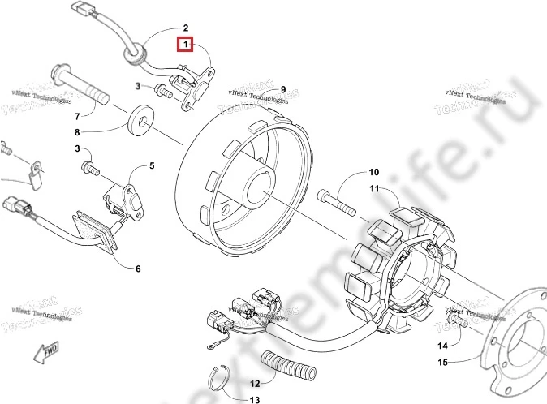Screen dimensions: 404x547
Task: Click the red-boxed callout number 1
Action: (x=185, y=43)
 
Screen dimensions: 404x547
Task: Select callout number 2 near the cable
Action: (x=185, y=28)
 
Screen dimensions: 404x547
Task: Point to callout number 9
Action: (x=283, y=89)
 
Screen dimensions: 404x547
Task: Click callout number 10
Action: (x=374, y=172)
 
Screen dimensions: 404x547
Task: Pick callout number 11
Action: (x=374, y=189)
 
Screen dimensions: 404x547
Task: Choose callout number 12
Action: (x=253, y=383)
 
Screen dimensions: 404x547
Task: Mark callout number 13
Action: (x=254, y=400)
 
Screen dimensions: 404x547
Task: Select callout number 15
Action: (x=443, y=362)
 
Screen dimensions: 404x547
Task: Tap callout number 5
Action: (x=151, y=166)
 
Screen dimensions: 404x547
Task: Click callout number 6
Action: (x=137, y=269)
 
